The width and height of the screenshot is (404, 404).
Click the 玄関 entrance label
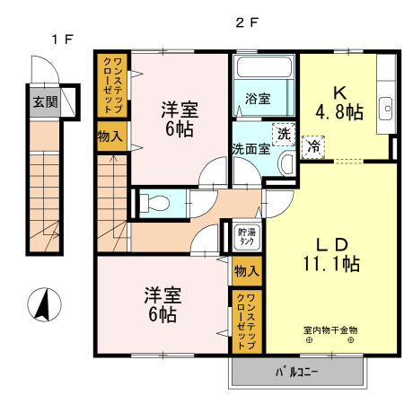coord(46,101)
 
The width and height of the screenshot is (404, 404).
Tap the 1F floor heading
coord(60,39)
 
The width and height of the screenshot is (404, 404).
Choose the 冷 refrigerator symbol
coord(315,145)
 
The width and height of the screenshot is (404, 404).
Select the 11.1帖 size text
coord(330,264)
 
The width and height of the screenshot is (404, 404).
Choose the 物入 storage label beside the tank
coord(246,270)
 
